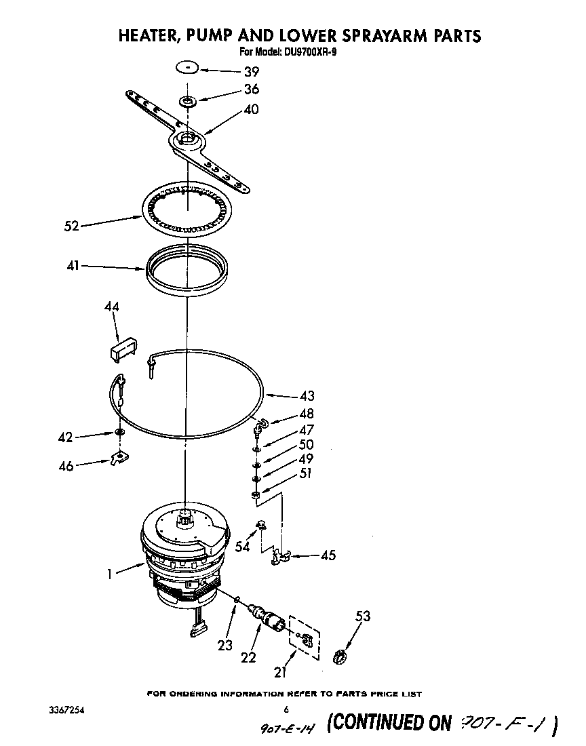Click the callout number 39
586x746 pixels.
pos(233,70)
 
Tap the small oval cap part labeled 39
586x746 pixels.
pos(187,67)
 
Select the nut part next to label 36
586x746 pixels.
pos(187,102)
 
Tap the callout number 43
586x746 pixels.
pos(307,396)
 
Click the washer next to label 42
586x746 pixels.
pos(119,432)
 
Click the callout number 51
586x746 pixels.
pos(306,474)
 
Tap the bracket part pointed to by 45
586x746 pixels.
pos(279,557)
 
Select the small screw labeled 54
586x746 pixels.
pos(260,524)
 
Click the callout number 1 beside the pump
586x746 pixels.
pos(109,574)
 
